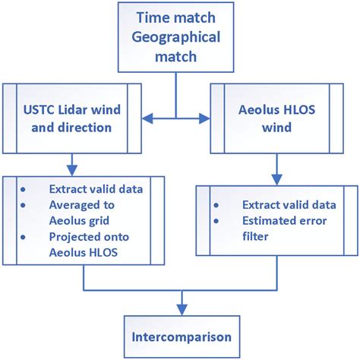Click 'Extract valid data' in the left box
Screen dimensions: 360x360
pyautogui.click(x=95, y=188)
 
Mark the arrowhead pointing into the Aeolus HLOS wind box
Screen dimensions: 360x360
pyautogui.click(x=204, y=118)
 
